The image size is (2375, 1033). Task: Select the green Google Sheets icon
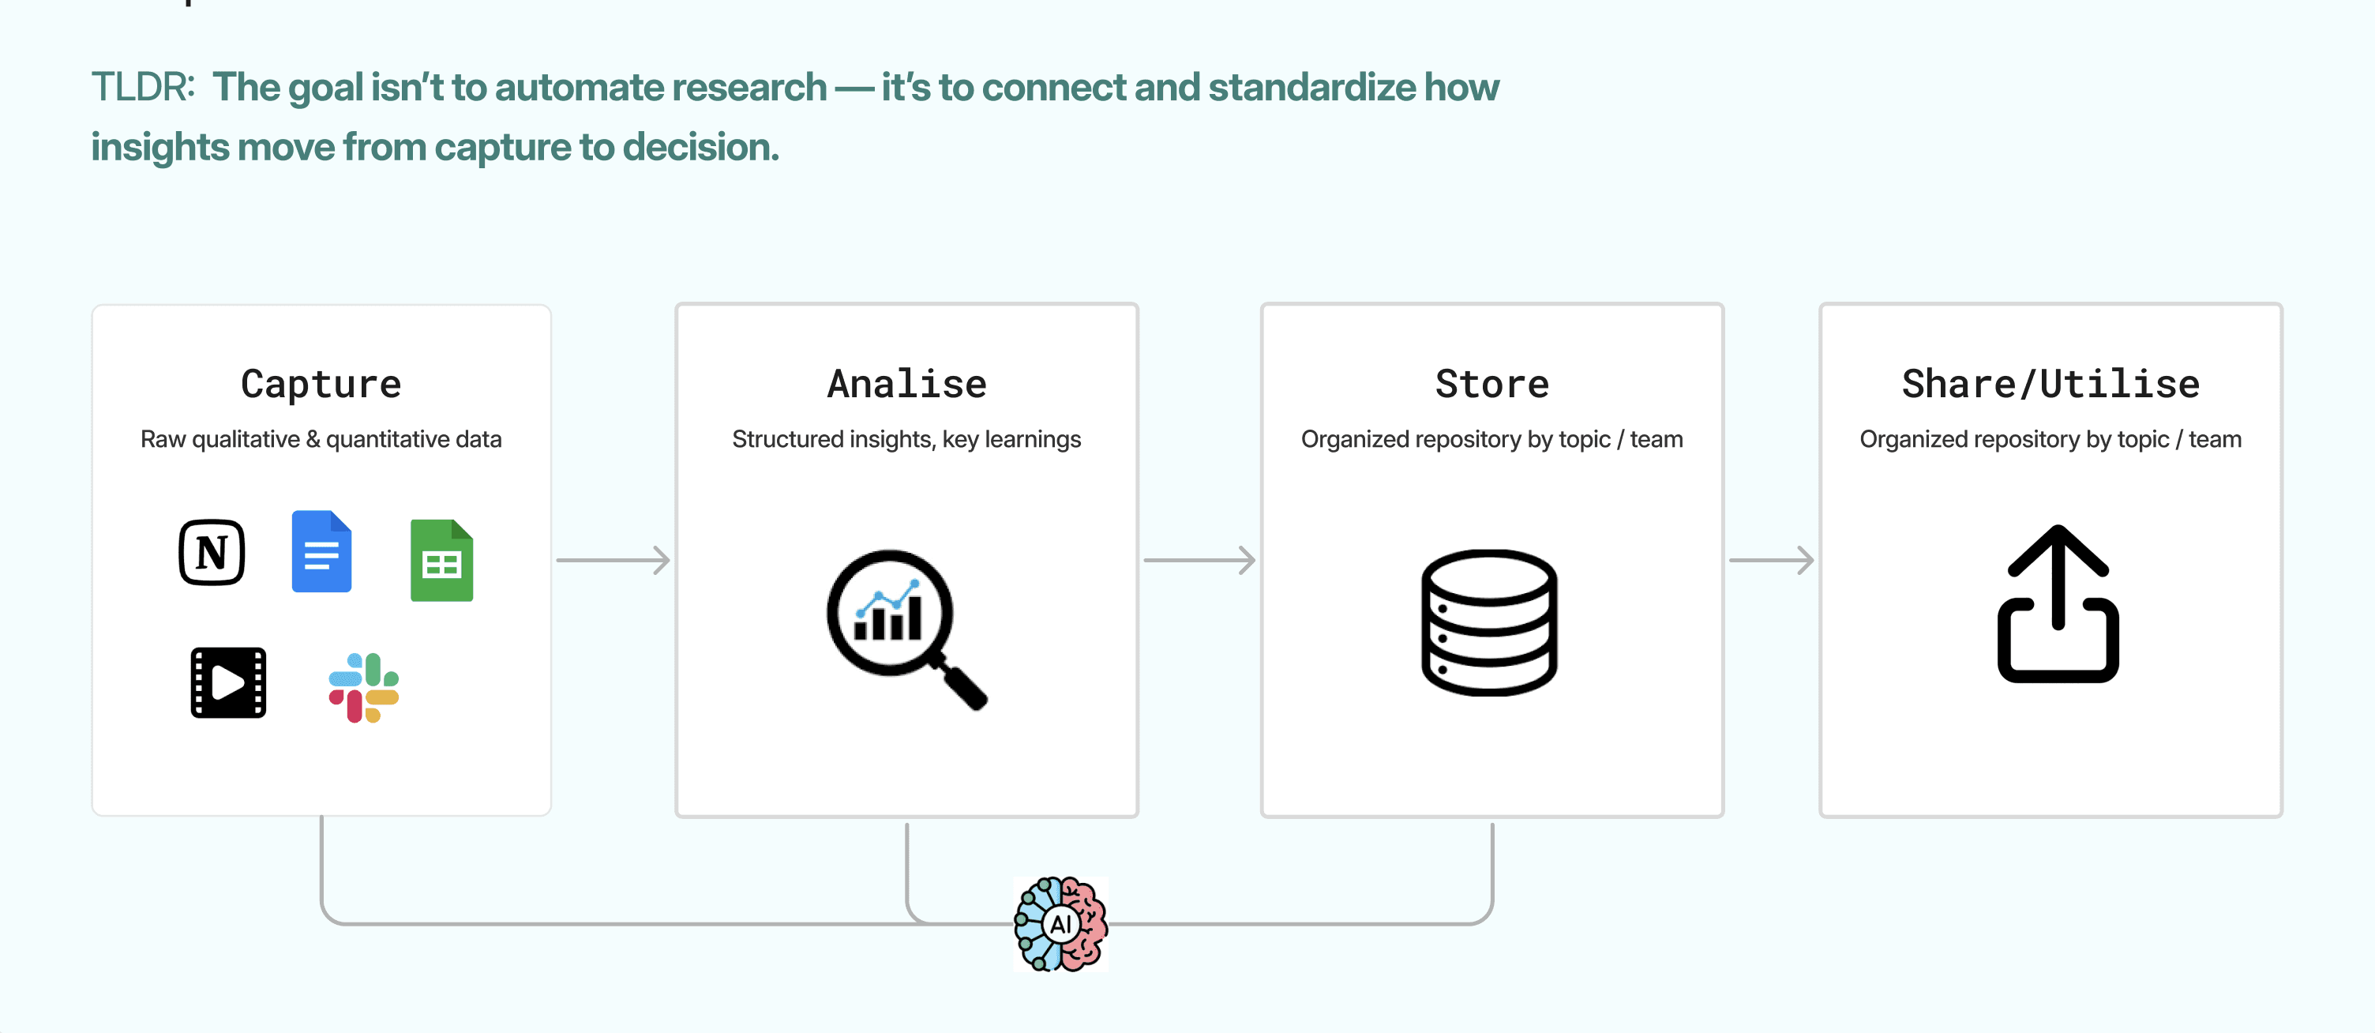coord(441,561)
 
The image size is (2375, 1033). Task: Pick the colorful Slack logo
coord(364,687)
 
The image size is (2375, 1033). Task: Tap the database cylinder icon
coord(1489,622)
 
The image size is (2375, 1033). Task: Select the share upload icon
coord(2058,604)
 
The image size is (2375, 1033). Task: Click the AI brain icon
coord(1060,923)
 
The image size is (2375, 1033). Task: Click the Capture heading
coord(321,384)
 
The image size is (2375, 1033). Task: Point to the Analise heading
coord(906,384)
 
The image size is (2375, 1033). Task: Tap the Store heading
coord(1491,384)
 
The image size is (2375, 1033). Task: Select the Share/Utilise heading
coord(2050,384)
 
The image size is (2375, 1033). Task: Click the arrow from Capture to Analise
coord(613,560)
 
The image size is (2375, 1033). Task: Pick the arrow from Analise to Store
coord(1199,560)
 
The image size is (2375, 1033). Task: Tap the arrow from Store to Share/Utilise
coord(1771,560)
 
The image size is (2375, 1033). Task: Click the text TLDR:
coord(143,88)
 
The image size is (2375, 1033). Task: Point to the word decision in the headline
coord(700,148)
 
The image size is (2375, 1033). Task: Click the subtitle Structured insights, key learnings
coord(906,439)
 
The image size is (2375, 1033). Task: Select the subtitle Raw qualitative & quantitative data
coord(321,439)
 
